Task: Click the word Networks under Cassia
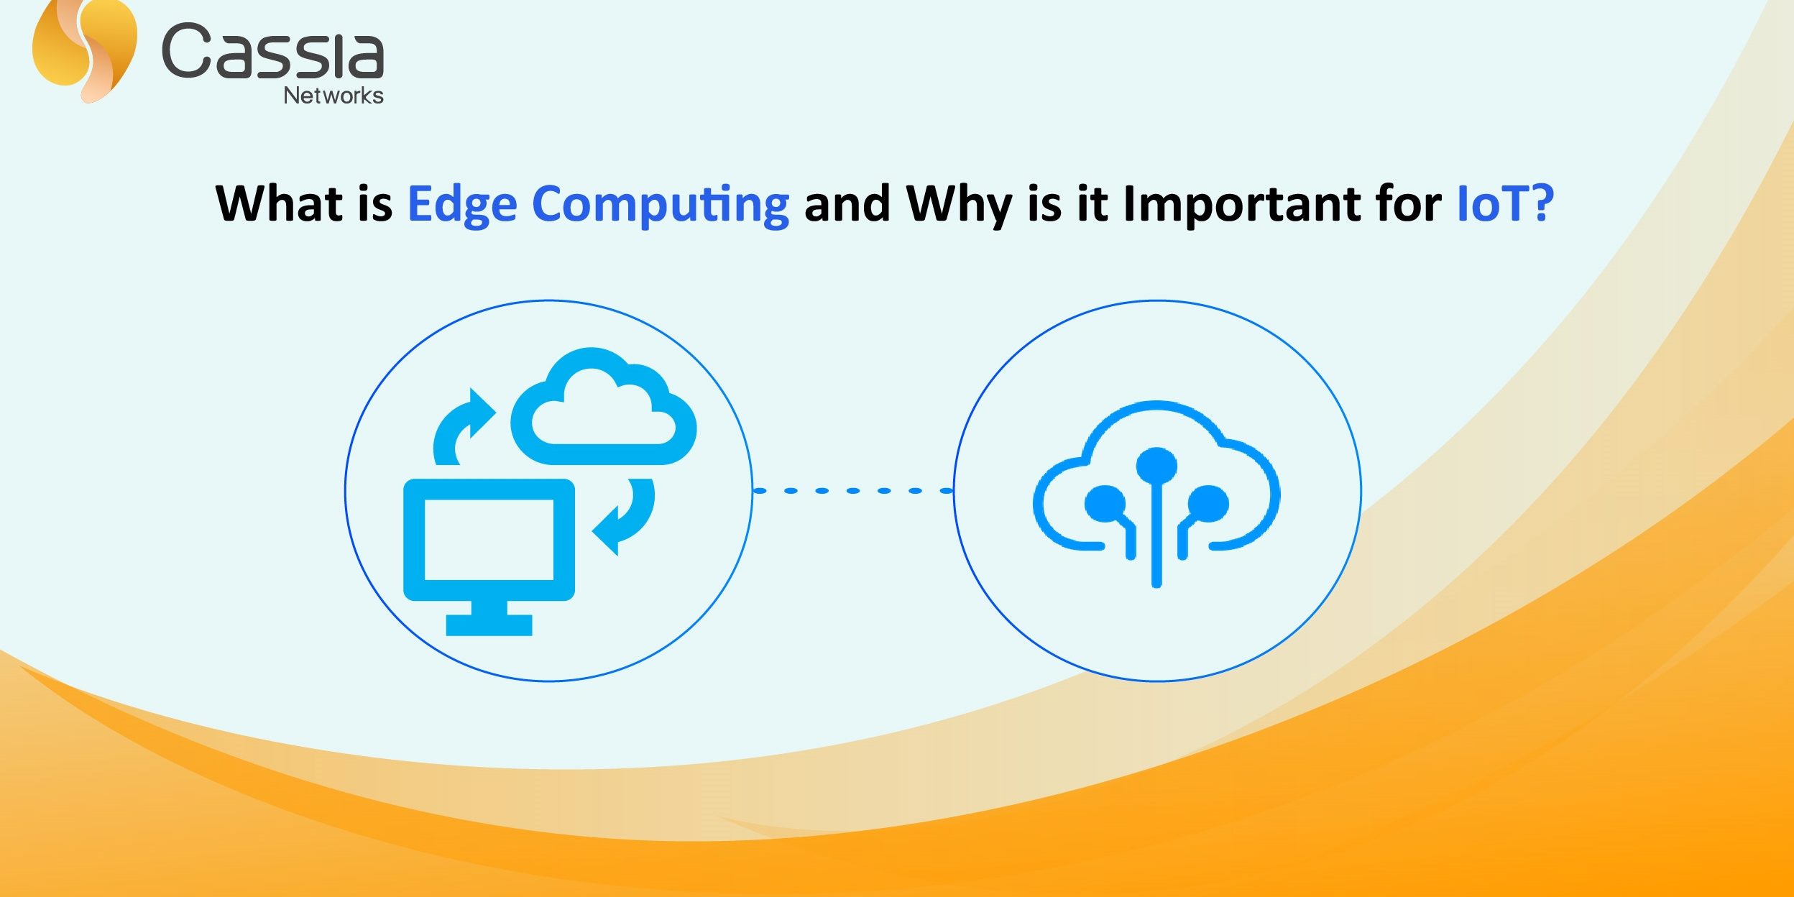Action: [x=333, y=96]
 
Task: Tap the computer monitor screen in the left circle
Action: [x=489, y=539]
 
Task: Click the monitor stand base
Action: [x=489, y=625]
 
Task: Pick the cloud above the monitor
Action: [x=603, y=406]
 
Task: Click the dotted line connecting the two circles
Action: [x=853, y=491]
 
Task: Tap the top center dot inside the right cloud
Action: [x=1156, y=466]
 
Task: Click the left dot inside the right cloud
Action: [x=1105, y=503]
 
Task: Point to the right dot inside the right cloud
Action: [x=1208, y=503]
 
